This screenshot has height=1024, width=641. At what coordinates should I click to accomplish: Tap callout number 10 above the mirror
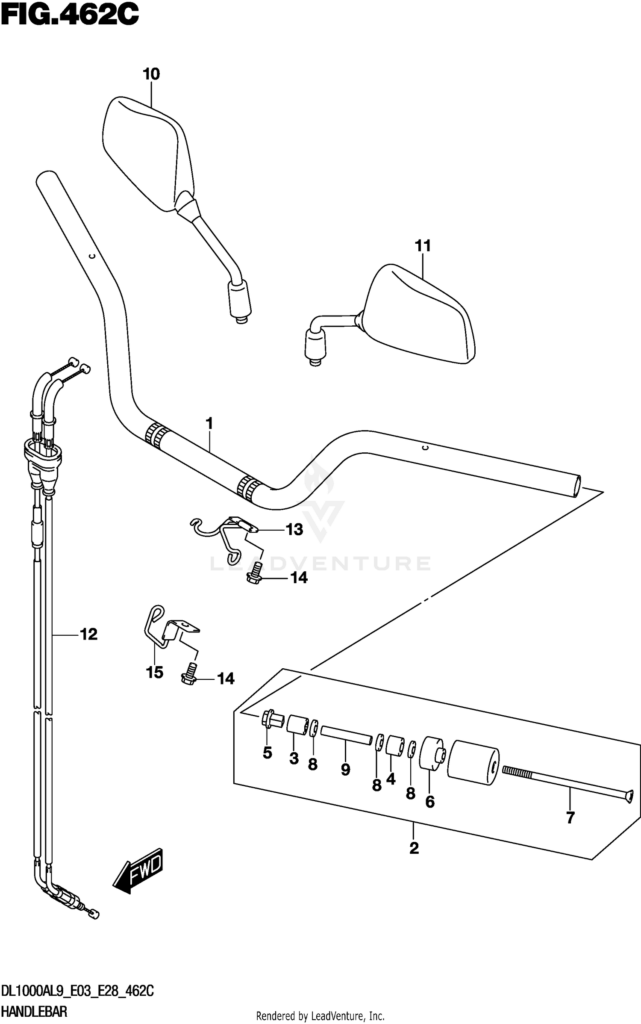151,74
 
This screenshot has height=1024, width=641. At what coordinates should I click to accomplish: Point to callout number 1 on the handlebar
209,424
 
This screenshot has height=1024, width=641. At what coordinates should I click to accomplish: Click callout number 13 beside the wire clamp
294,530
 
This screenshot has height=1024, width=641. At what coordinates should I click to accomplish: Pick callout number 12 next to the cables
89,634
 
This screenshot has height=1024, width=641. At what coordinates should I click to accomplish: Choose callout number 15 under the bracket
154,673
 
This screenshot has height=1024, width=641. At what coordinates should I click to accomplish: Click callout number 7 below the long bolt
570,818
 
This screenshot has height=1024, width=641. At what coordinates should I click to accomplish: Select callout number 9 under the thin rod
345,770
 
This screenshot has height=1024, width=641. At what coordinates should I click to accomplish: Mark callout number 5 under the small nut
267,753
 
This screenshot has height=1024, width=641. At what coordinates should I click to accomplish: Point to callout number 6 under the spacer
430,802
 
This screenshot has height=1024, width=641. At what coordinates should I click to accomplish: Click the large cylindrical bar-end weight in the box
473,763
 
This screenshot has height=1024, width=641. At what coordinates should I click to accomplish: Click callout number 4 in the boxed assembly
391,779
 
